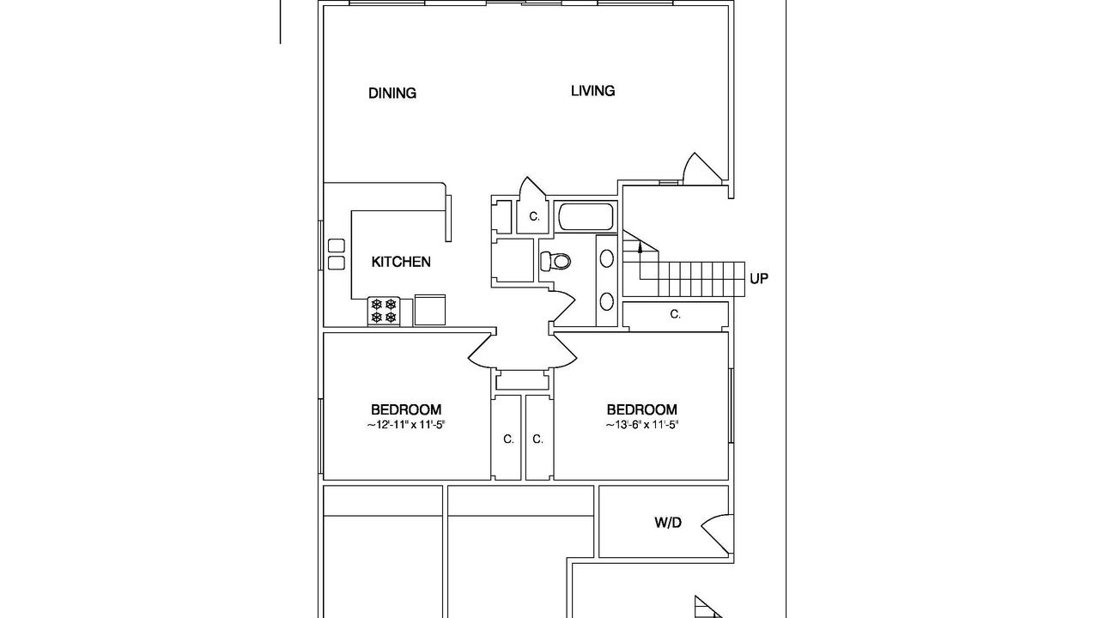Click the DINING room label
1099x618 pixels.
392,94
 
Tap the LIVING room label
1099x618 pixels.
592,91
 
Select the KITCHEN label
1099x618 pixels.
401,262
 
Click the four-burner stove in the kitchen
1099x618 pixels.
384,311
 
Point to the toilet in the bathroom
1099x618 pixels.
556,261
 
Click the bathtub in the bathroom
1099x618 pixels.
586,217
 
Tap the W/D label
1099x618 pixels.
668,523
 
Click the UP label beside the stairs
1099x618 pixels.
758,279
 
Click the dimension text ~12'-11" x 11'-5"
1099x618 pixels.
406,425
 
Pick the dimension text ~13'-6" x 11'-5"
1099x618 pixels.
641,425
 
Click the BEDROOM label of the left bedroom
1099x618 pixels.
406,409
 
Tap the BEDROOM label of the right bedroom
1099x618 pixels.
641,409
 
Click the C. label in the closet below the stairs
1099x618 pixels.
675,314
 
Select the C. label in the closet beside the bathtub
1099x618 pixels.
534,216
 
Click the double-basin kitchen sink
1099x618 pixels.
336,254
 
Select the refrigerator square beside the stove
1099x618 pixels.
430,310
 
